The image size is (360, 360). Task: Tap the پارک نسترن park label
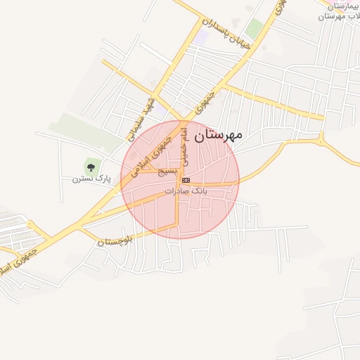pyautogui.click(x=92, y=179)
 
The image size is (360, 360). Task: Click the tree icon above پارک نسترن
pyautogui.click(x=91, y=167)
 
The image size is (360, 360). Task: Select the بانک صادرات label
pyautogui.click(x=187, y=191)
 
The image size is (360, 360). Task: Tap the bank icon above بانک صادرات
pyautogui.click(x=185, y=180)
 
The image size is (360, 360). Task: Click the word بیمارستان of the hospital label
pyautogui.click(x=344, y=5)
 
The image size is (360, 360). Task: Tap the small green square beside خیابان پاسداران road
pyautogui.click(x=254, y=29)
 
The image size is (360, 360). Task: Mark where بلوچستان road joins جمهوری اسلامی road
pyautogui.click(x=82, y=226)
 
